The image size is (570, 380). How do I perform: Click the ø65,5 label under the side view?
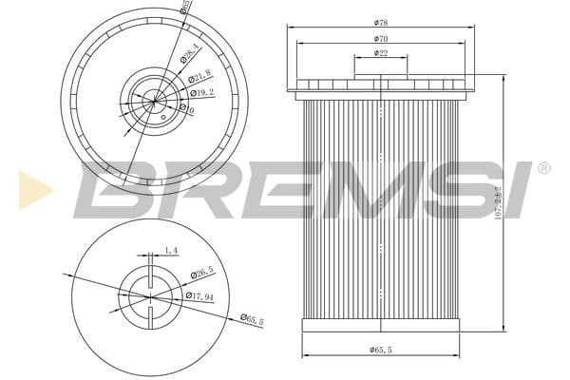tap(382, 350)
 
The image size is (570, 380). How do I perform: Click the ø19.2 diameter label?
tap(200, 93)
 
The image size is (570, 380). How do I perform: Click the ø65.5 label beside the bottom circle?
tap(252, 318)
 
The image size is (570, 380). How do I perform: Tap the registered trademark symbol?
tap(543, 168)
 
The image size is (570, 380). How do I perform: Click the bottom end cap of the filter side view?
tap(380, 325)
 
